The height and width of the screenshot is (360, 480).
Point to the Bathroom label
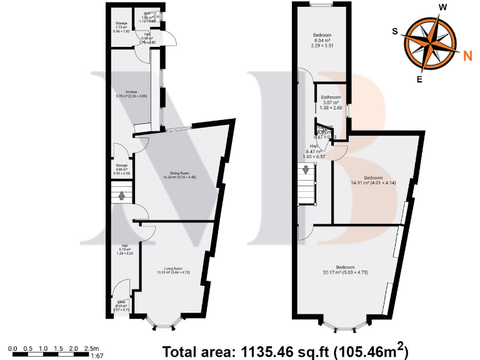(331, 97)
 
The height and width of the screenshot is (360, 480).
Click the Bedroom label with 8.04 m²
(322, 36)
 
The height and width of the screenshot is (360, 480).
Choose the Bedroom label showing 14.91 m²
(374, 176)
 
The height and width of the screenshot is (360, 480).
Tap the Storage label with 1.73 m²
(121, 24)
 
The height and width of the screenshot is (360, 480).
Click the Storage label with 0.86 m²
(121, 166)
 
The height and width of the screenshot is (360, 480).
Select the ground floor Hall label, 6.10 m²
(125, 246)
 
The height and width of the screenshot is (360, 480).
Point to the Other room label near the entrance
(121, 301)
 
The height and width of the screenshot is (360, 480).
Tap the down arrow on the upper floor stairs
(306, 170)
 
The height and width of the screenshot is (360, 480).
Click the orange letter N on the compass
(467, 56)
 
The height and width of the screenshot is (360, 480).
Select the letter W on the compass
(442, 7)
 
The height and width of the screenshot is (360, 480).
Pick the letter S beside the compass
(395, 31)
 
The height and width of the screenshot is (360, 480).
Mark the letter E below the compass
(419, 79)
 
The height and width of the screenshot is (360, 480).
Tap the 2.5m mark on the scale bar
(91, 348)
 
